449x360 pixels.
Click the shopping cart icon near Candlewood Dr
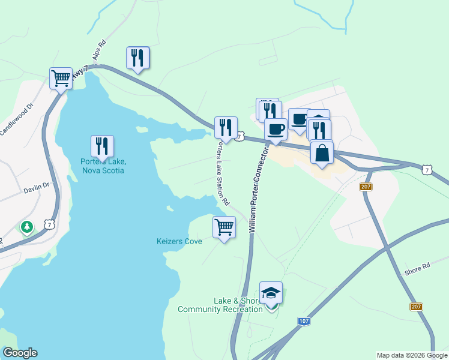tap(61, 78)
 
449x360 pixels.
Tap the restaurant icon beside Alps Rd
tap(137, 58)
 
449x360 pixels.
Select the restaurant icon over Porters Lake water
tap(102, 146)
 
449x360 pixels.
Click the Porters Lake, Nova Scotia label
tap(103, 166)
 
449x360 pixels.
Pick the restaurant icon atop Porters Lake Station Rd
tap(226, 128)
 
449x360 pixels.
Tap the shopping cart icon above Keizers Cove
tap(224, 227)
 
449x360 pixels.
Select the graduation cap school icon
tap(271, 293)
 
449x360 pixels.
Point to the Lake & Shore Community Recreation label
tap(220, 305)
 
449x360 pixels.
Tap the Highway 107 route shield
tap(304, 322)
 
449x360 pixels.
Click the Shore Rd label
tap(418, 266)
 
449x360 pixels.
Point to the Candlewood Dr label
tap(14, 122)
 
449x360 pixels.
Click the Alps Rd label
tap(99, 50)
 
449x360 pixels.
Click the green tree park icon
tap(26, 226)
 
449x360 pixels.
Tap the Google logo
tap(19, 353)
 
